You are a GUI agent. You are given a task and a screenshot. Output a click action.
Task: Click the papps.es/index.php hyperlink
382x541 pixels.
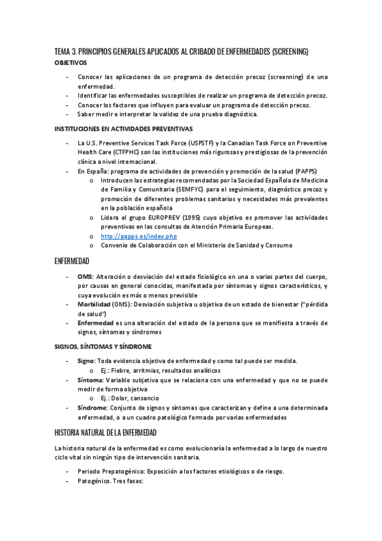pos(138,236)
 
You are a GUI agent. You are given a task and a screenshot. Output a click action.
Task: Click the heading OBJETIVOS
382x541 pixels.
pos(71,63)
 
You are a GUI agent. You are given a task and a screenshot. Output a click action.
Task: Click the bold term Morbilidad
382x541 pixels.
pos(94,304)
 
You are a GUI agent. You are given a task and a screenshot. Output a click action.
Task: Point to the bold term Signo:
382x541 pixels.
pos(87,360)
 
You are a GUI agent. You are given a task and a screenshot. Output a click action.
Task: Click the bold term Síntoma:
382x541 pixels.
pos(91,380)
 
